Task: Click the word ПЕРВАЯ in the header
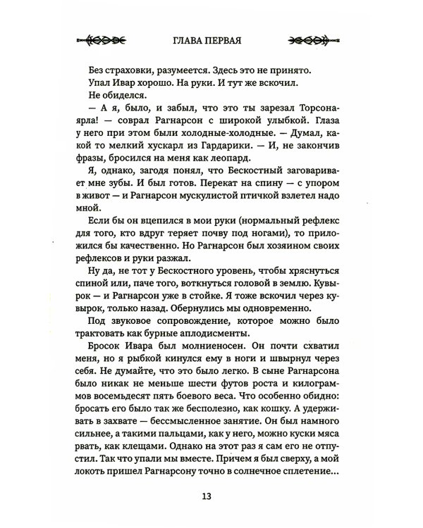coord(228,39)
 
